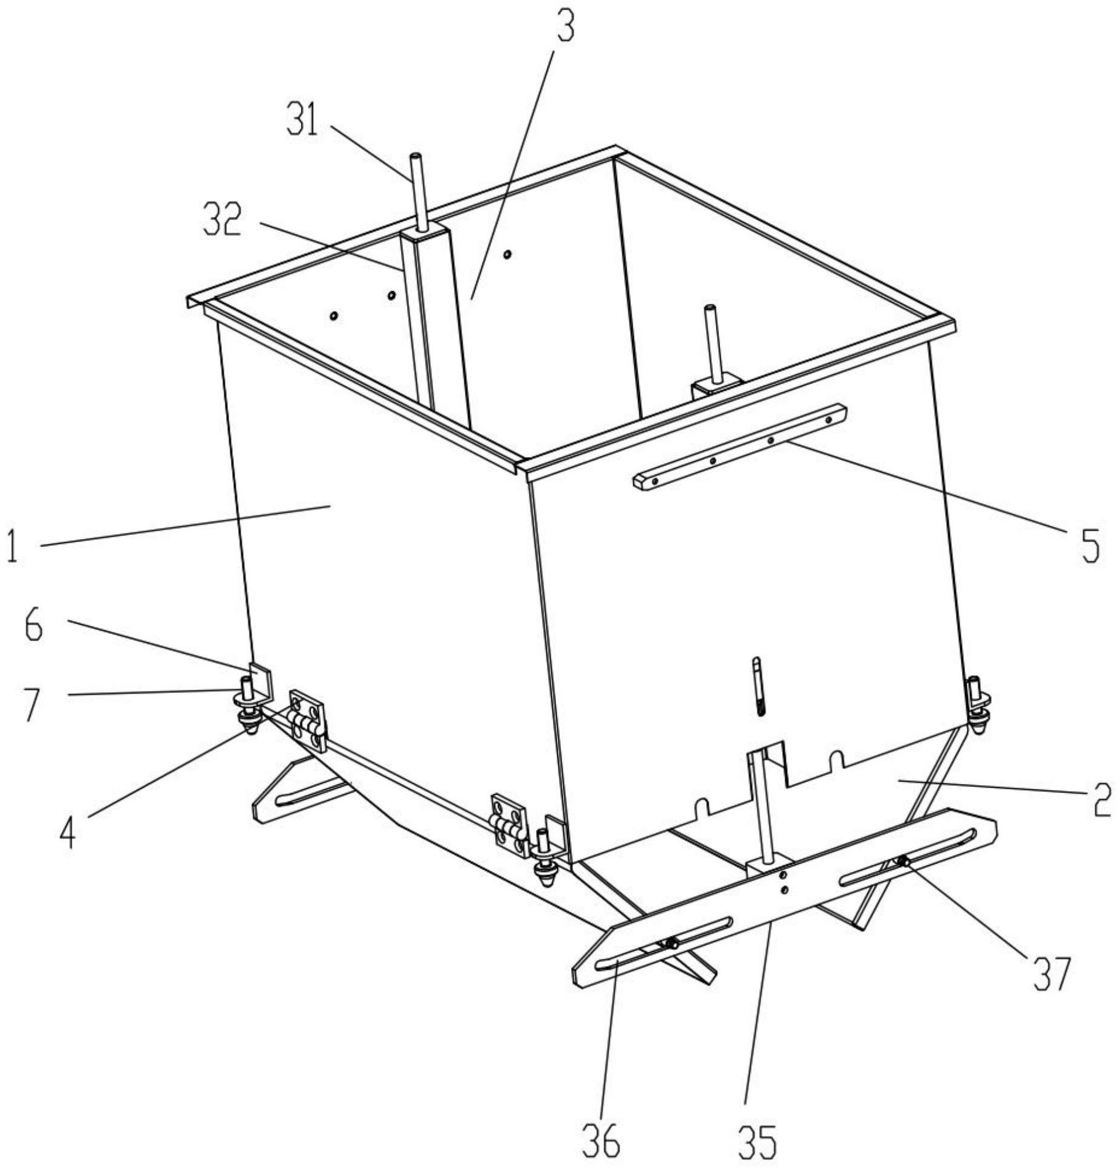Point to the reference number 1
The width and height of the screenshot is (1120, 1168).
click(11, 545)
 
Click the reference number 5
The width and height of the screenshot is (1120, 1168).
click(1091, 545)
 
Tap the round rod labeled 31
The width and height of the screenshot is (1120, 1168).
click(418, 191)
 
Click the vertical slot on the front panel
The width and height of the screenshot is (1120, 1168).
click(757, 687)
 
